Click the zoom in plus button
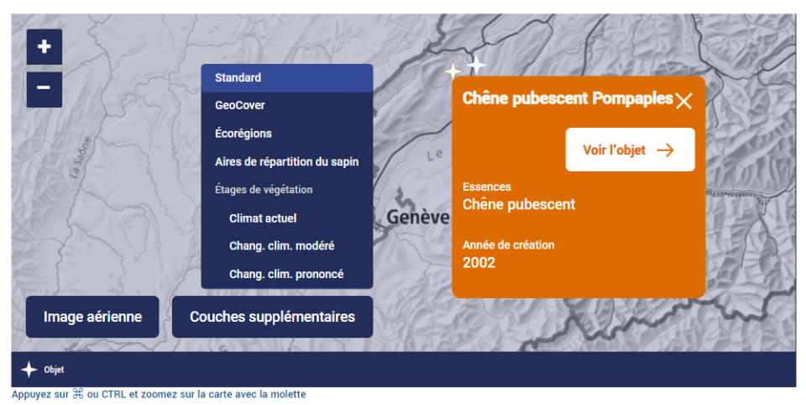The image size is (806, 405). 44,47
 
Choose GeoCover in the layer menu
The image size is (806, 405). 239,105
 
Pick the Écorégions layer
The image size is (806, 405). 243,134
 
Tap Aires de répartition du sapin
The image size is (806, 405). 287,161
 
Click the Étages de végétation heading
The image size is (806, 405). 264,189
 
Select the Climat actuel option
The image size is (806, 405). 263,218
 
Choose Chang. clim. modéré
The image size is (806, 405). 282,246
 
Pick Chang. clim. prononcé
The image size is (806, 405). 286,274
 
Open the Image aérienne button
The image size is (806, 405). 92,317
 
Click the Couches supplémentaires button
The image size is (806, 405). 272,317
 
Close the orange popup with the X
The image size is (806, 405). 683,100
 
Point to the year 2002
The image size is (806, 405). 479,262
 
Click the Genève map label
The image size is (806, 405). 418,217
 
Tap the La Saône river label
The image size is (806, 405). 80,157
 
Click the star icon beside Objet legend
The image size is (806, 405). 29,370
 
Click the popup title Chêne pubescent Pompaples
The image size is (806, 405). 568,98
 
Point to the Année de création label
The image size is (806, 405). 509,245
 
